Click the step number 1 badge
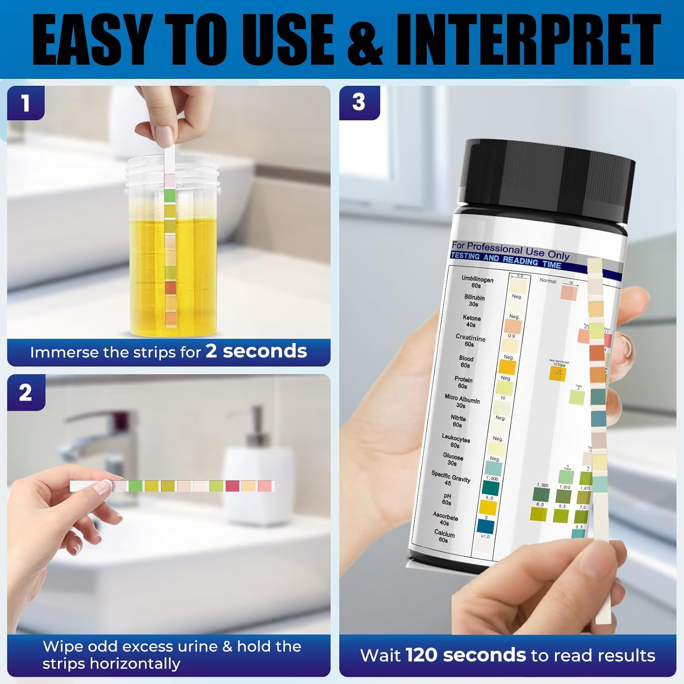26,104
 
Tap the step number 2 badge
26,393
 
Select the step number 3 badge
359,102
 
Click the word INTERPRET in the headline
528,40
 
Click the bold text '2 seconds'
256,351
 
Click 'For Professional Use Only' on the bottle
510,250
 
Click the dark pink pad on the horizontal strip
232,486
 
